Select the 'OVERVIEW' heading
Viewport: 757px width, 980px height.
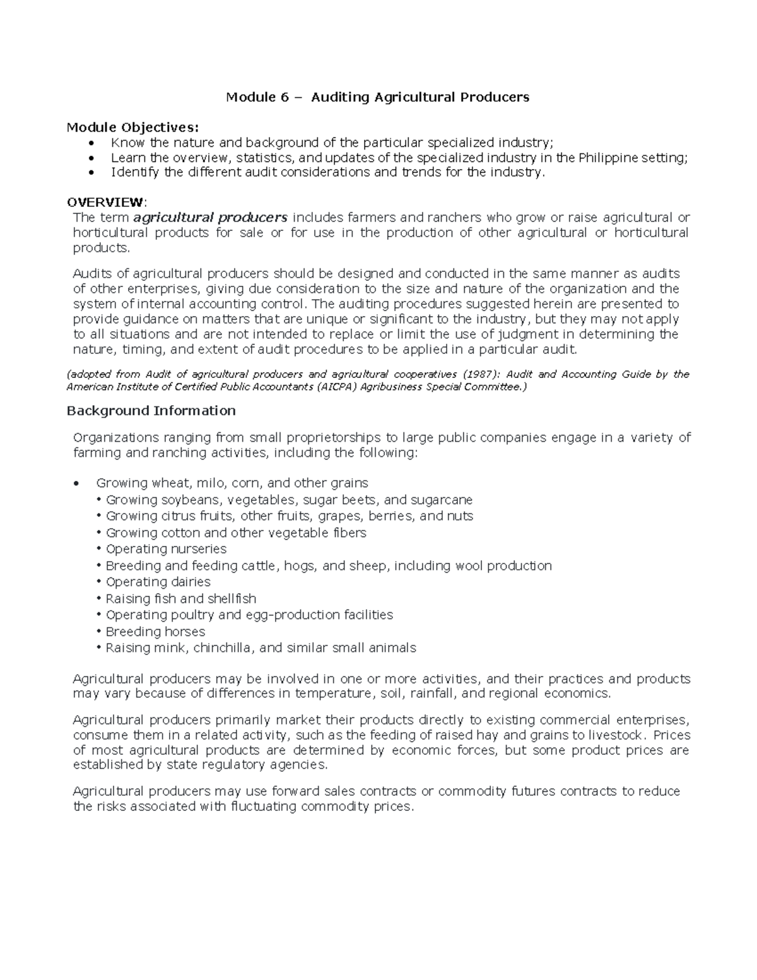pyautogui.click(x=105, y=202)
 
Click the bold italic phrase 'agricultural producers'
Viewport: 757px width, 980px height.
pyautogui.click(x=210, y=218)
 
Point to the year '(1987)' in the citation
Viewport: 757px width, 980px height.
pyautogui.click(x=481, y=374)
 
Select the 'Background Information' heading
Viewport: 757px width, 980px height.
pyautogui.click(x=151, y=411)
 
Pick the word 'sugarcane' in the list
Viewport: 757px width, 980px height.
pyautogui.click(x=441, y=500)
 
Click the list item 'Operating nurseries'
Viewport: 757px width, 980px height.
pyautogui.click(x=166, y=549)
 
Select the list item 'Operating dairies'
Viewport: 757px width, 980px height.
pyautogui.click(x=158, y=582)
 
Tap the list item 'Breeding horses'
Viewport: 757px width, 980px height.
pyautogui.click(x=155, y=632)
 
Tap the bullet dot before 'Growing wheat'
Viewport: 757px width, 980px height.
pyautogui.click(x=76, y=484)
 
